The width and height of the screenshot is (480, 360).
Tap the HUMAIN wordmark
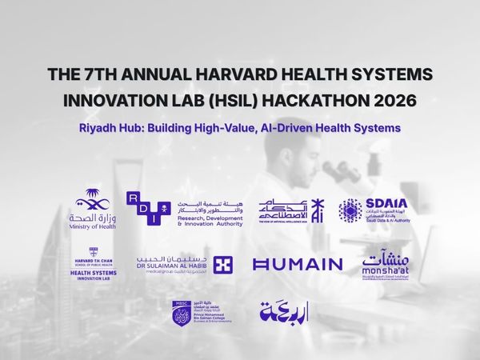point(297,264)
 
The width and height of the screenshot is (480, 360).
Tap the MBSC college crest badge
point(180,313)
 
